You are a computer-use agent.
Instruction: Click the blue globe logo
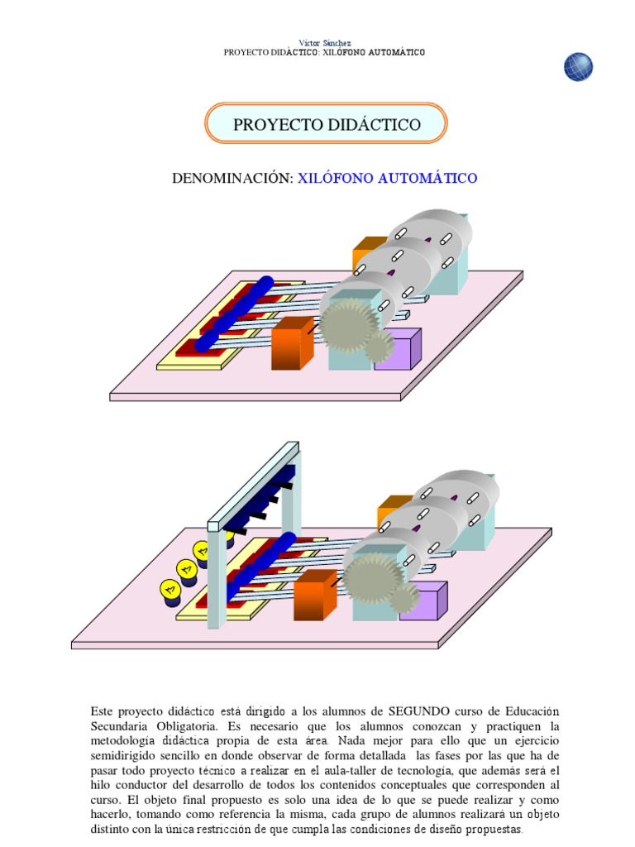(578, 67)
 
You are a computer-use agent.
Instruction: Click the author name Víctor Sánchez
(324, 42)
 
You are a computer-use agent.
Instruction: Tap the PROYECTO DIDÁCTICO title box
(326, 124)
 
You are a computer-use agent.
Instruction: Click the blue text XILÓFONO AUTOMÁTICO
(387, 178)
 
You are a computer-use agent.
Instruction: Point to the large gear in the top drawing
(346, 323)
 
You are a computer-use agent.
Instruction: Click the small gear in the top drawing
(380, 347)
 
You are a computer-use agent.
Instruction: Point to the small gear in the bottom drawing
(404, 598)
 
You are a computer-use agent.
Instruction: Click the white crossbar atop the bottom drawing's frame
(253, 484)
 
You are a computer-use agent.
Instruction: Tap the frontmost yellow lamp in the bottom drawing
(169, 590)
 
